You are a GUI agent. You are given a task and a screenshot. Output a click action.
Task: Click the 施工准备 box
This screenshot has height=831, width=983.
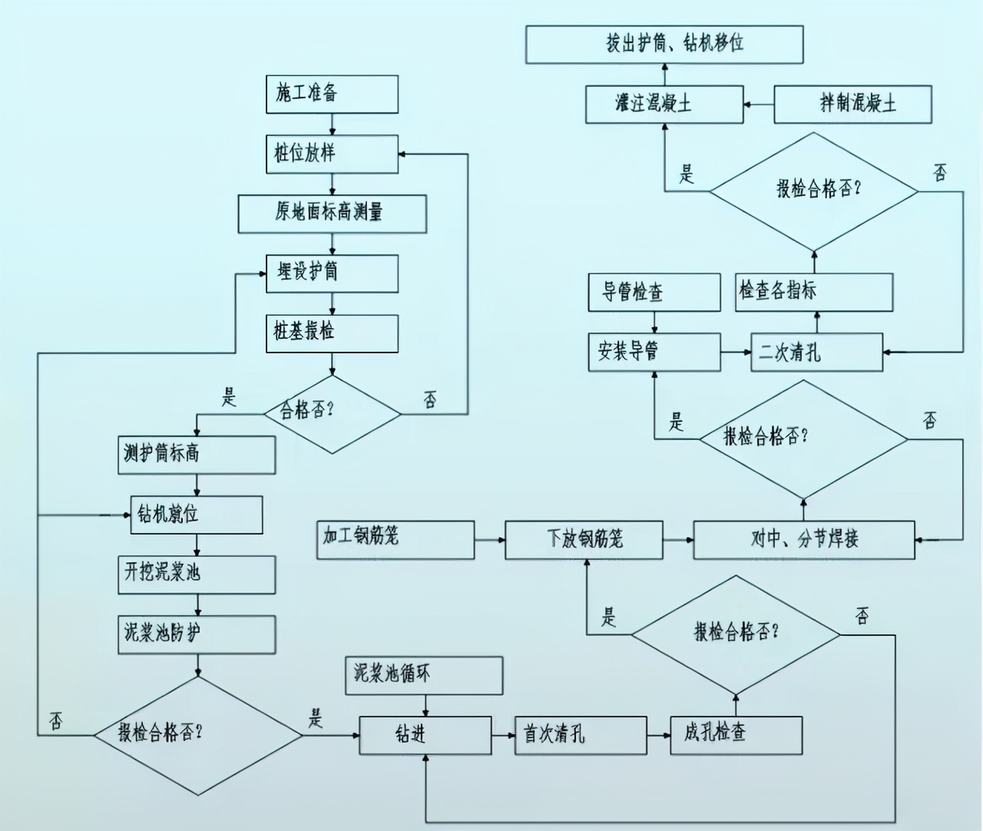click(332, 94)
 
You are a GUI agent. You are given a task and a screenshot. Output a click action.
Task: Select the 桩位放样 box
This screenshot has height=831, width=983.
click(332, 154)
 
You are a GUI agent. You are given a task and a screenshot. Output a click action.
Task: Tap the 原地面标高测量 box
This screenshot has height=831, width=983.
click(332, 213)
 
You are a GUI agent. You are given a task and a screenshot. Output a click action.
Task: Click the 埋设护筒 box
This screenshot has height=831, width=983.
click(332, 273)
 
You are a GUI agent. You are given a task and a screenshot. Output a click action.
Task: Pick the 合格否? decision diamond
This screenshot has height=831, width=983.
click(332, 412)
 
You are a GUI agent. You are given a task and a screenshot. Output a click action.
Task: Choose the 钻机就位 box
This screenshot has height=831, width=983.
click(197, 515)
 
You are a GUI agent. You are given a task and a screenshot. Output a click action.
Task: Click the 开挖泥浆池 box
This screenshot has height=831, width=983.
click(197, 574)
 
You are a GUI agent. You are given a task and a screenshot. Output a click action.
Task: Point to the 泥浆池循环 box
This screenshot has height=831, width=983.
click(424, 676)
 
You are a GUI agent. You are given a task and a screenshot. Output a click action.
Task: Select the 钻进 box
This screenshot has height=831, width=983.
click(425, 735)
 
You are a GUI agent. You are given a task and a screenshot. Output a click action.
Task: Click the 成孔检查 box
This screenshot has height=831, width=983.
click(736, 735)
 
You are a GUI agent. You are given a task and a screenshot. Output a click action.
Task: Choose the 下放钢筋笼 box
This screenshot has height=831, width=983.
click(584, 539)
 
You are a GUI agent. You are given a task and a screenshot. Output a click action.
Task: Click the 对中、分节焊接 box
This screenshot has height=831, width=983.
click(804, 539)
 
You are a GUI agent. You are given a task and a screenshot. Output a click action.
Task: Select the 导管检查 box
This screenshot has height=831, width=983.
click(654, 293)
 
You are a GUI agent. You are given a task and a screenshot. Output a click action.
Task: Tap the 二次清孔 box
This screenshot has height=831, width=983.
click(816, 353)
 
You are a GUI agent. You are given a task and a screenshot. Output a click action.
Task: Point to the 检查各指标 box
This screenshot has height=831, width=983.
click(814, 292)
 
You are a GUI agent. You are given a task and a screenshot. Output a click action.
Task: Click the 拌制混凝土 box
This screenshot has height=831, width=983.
click(852, 104)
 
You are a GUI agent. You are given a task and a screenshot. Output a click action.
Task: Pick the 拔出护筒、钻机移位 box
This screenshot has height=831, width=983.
click(664, 44)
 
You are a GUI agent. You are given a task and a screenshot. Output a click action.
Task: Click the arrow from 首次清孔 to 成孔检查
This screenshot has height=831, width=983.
click(658, 735)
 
